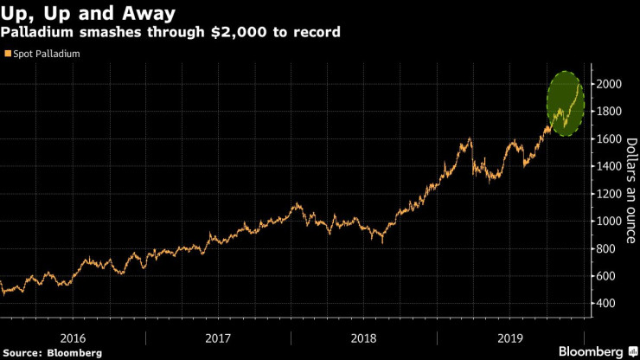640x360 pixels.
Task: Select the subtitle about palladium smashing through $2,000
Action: (x=170, y=32)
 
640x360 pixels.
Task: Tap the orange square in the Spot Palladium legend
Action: (x=7, y=54)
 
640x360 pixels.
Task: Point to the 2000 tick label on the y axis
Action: (x=608, y=84)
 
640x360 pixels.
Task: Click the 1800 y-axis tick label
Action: (x=608, y=112)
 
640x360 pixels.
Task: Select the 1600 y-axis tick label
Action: (x=608, y=138)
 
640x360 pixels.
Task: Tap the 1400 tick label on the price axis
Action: (x=608, y=166)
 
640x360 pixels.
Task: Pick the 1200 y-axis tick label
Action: (x=608, y=194)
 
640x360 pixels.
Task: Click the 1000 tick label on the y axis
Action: (x=608, y=222)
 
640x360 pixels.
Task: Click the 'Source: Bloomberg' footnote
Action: (x=52, y=353)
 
